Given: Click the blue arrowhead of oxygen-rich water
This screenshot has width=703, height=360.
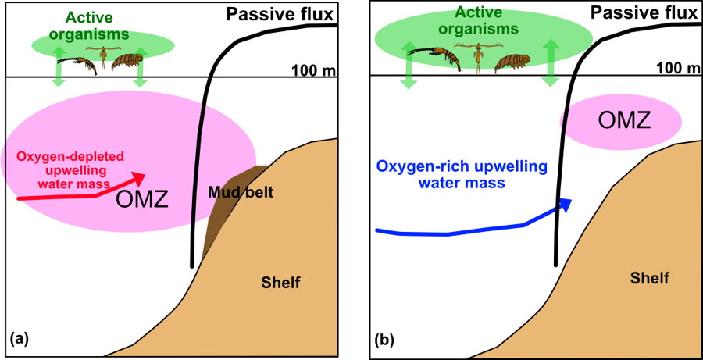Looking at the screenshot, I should pyautogui.click(x=564, y=205).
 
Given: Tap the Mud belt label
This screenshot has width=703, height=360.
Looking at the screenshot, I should pyautogui.click(x=241, y=191).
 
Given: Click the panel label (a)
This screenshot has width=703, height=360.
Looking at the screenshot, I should pyautogui.click(x=19, y=338).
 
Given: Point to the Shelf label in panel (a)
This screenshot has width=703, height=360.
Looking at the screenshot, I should pyautogui.click(x=280, y=282).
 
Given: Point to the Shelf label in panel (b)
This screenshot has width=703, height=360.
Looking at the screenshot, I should pyautogui.click(x=650, y=278).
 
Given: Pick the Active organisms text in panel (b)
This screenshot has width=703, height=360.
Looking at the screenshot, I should pyautogui.click(x=478, y=21).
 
